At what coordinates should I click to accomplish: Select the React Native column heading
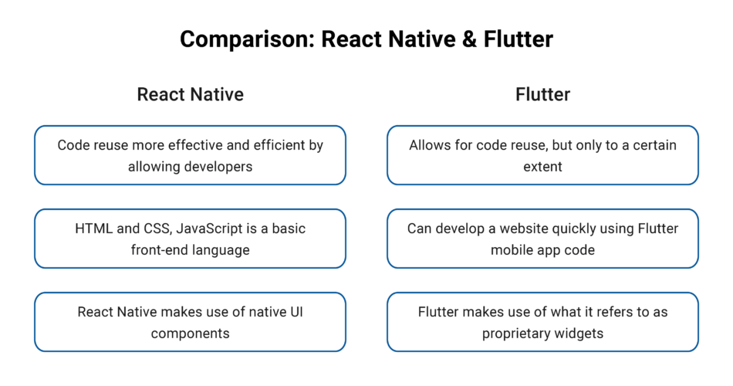pos(190,94)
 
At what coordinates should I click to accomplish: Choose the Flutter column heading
pos(542,94)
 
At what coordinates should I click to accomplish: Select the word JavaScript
pos(207,229)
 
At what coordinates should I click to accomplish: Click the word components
pos(190,333)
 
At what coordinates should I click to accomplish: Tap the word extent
pos(542,166)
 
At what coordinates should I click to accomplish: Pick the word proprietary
pos(517,333)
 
